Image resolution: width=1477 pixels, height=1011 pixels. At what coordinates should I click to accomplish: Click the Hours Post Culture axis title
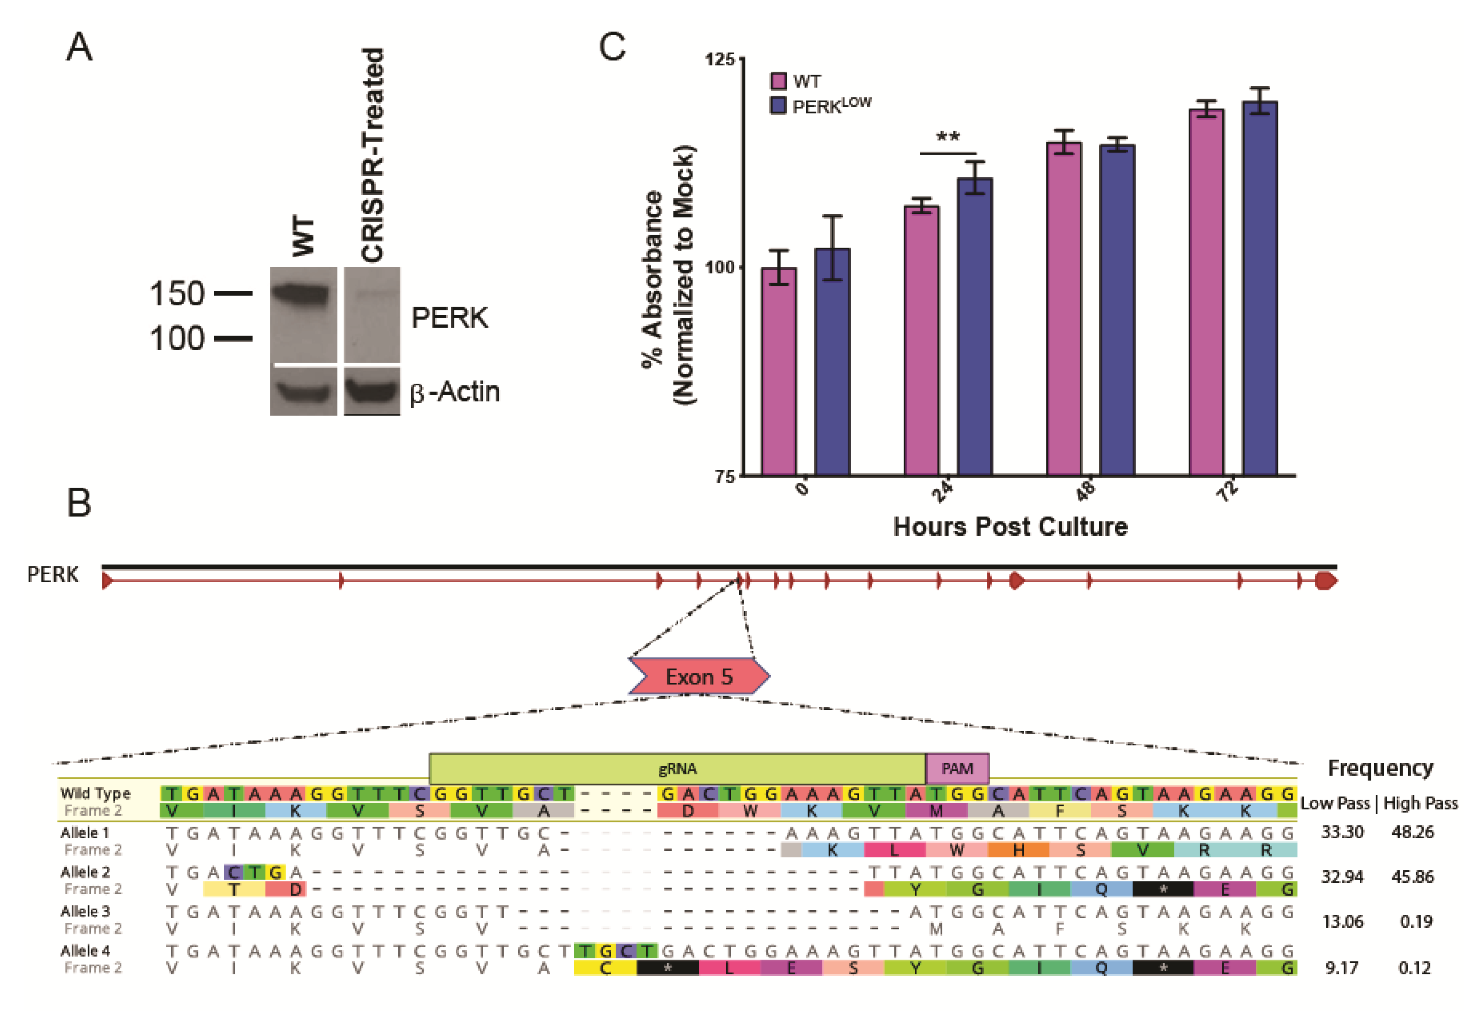point(1010,527)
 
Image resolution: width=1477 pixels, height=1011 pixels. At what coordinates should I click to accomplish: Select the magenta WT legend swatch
point(778,81)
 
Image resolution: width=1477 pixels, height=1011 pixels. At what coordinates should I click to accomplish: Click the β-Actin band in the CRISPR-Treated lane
point(372,390)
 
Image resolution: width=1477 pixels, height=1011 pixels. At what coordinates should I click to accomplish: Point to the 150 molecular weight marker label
point(176,294)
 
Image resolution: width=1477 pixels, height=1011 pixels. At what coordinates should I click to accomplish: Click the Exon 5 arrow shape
point(699,676)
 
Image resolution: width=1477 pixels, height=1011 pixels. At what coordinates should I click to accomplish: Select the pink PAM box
point(957,769)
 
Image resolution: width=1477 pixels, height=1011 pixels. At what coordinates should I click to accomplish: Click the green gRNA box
point(677,769)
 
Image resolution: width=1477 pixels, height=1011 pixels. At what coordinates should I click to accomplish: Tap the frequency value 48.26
point(1412,832)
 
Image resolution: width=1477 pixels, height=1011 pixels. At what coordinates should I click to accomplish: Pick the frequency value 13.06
point(1342,922)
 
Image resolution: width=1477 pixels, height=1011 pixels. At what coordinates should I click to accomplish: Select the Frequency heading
point(1380,768)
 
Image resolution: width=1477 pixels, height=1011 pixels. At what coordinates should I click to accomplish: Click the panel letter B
point(79,503)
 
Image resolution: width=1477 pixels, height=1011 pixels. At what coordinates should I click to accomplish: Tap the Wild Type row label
point(95,793)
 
